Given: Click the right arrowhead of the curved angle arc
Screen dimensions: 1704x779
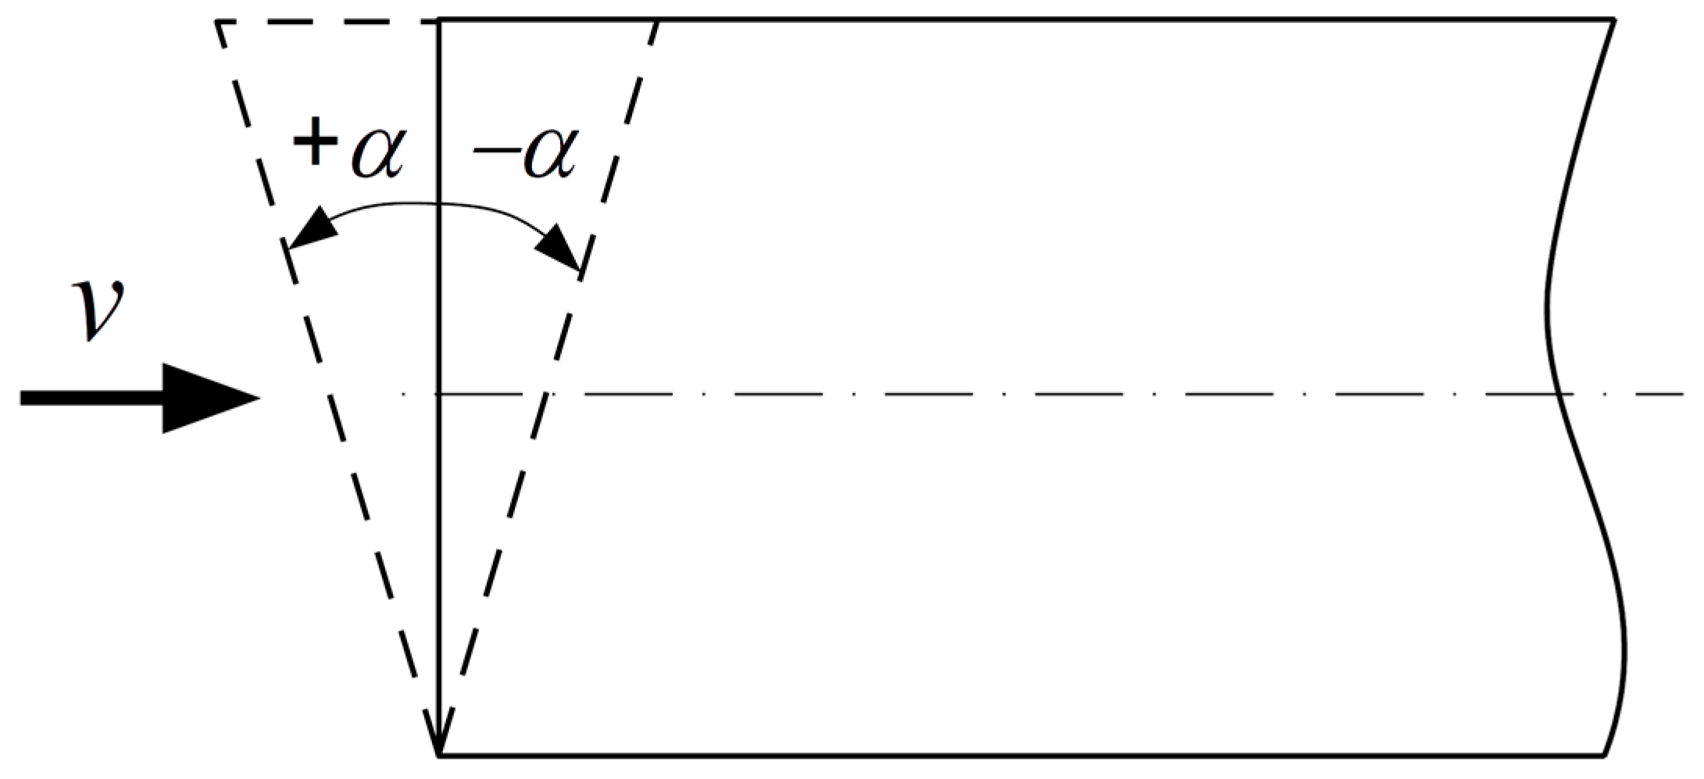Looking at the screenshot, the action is tap(559, 248).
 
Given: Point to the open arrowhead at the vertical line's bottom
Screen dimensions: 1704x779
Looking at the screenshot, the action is tap(440, 734).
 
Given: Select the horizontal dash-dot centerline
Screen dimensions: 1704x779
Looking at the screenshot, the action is tap(1016, 395).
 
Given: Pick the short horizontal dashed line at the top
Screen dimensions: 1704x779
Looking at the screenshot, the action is tap(320, 22).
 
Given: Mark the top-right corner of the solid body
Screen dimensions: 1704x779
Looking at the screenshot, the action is tap(1613, 20).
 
